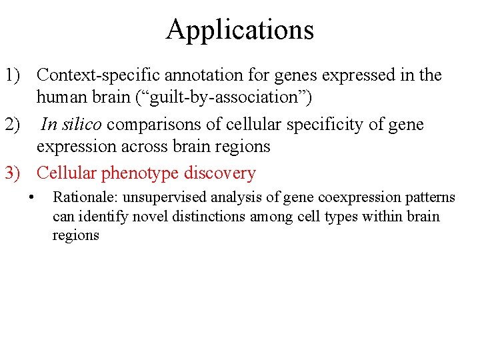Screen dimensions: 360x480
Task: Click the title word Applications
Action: tap(239, 30)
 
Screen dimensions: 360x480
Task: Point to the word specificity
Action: tap(313, 125)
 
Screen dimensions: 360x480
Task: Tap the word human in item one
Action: tap(59, 98)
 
